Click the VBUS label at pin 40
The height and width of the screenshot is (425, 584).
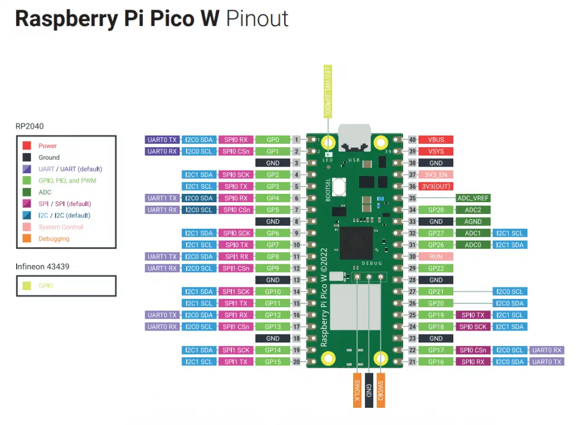436,140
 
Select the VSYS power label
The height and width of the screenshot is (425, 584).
436,152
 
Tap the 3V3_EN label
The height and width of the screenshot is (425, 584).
436,175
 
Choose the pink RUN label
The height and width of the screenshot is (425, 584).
436,257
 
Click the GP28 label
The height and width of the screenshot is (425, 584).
436,210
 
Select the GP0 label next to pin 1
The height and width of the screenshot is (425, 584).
273,140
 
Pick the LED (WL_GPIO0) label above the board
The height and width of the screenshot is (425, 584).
328,91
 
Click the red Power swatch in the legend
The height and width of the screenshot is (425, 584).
27,146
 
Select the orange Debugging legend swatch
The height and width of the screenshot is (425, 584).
27,239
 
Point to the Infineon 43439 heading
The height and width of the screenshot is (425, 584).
42,267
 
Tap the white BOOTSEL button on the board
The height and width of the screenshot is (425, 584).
338,186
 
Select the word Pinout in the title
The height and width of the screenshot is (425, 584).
257,19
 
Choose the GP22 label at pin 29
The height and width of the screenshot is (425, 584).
436,268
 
